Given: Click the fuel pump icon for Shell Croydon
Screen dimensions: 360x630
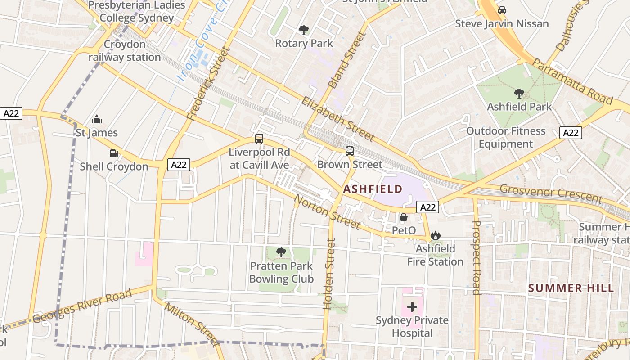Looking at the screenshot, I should pyautogui.click(x=114, y=153).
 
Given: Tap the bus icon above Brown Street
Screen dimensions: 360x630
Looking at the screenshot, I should pyautogui.click(x=350, y=151).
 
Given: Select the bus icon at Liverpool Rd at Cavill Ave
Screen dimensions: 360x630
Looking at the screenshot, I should pyautogui.click(x=259, y=139).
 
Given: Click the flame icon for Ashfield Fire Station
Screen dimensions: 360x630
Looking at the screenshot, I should pyautogui.click(x=435, y=235).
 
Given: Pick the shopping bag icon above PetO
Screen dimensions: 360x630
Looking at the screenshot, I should pyautogui.click(x=404, y=217).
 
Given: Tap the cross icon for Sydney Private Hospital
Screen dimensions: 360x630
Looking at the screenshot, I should pyautogui.click(x=412, y=307).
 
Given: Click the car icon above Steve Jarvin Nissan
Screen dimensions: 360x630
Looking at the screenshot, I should pyautogui.click(x=502, y=10).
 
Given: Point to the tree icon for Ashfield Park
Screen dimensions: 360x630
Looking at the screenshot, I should pyautogui.click(x=519, y=94).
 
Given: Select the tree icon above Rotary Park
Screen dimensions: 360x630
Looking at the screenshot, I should pyautogui.click(x=304, y=30).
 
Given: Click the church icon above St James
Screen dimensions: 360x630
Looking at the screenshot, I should pyautogui.click(x=97, y=120).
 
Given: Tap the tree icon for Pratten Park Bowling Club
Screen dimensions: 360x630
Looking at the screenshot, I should pyautogui.click(x=281, y=252).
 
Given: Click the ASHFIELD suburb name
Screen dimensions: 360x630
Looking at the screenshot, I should pyautogui.click(x=373, y=189).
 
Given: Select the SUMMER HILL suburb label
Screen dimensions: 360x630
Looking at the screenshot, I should pyautogui.click(x=571, y=288).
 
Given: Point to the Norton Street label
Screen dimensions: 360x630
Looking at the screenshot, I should pyautogui.click(x=327, y=211).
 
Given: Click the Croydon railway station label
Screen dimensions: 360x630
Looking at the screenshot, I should pyautogui.click(x=125, y=51).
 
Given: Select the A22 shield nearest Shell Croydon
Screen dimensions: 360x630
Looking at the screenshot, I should pyautogui.click(x=179, y=165).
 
